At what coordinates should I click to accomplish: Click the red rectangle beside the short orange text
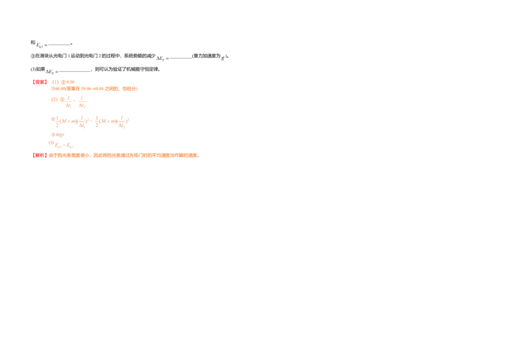[39, 82]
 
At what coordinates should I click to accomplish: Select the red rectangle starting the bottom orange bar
[39, 155]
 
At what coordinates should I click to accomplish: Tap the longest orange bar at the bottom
[146, 155]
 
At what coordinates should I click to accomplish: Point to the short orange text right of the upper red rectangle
[63, 82]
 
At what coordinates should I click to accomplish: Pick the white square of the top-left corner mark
[33, 48]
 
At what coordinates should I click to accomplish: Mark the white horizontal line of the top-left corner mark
[43, 43]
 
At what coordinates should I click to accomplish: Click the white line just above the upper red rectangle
[52, 68]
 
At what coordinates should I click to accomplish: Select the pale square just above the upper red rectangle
[43, 74]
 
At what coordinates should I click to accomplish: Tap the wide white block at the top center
[164, 54]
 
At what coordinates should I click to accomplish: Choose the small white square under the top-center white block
[155, 63]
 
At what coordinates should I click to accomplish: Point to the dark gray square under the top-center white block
[165, 63]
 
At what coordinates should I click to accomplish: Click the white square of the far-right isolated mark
[226, 63]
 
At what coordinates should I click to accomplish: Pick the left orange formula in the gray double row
[73, 121]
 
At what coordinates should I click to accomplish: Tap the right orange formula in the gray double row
[113, 121]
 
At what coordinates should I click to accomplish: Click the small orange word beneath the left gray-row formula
[59, 135]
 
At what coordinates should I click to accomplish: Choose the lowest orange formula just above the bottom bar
[63, 145]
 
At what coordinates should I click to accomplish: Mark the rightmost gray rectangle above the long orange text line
[130, 85]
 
